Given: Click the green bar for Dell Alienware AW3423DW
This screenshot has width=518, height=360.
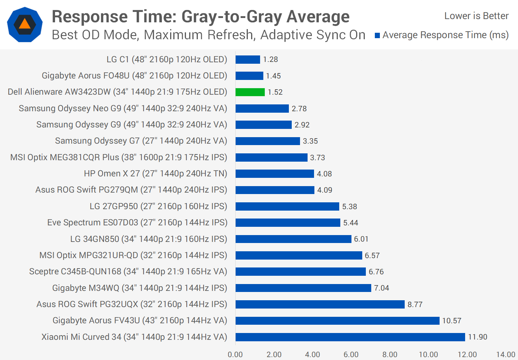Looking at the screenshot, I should pyautogui.click(x=250, y=92).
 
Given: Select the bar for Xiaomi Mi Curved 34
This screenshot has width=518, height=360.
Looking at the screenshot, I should pyautogui.click(x=350, y=337).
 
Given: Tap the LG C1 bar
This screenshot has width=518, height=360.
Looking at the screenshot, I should pyautogui.click(x=247, y=59).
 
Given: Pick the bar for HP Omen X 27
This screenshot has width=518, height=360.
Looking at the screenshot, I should pyautogui.click(x=274, y=174).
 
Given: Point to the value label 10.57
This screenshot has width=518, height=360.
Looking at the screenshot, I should pyautogui.click(x=451, y=321).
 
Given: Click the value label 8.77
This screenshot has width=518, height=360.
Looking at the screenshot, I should pyautogui.click(x=415, y=305).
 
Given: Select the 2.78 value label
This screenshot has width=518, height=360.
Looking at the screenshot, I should pyautogui.click(x=299, y=109).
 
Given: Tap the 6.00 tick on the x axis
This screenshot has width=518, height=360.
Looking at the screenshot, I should pyautogui.click(x=351, y=355).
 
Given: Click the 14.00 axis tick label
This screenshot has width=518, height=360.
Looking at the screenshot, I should pyautogui.click(x=505, y=355).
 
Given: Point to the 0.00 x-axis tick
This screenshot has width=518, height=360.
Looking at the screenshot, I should pyautogui.click(x=235, y=355).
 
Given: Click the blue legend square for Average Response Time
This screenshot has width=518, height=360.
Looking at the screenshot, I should pyautogui.click(x=377, y=35).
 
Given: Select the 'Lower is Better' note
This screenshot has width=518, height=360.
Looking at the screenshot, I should pyautogui.click(x=476, y=16).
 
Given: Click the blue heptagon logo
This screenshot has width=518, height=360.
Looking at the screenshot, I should pyautogui.click(x=25, y=24).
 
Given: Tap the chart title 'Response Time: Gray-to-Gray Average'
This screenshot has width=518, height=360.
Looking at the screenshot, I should pyautogui.click(x=200, y=17).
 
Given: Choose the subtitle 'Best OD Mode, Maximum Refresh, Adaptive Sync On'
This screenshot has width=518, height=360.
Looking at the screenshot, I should pyautogui.click(x=208, y=35).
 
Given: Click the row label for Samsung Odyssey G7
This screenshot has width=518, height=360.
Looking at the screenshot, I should pyautogui.click(x=141, y=141).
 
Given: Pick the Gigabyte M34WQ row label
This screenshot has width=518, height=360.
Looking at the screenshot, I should pyautogui.click(x=140, y=288).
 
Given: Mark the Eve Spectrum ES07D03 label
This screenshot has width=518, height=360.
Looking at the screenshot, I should pyautogui.click(x=137, y=222).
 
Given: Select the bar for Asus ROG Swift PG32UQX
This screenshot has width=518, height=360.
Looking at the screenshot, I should pyautogui.click(x=320, y=305).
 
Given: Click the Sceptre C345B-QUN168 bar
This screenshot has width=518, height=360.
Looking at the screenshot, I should pyautogui.click(x=300, y=272).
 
